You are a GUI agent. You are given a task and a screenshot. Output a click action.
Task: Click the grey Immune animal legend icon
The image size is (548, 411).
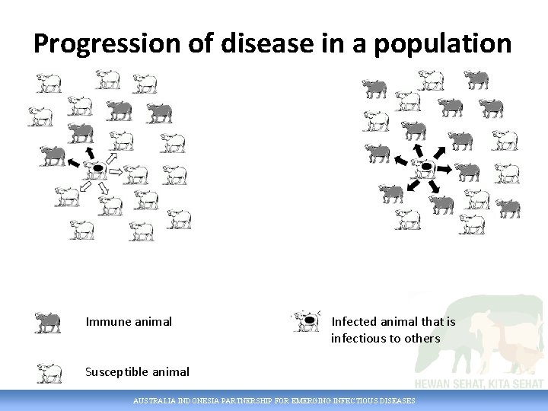[x=48, y=322]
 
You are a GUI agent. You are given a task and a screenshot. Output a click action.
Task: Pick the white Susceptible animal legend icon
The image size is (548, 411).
[x=49, y=373]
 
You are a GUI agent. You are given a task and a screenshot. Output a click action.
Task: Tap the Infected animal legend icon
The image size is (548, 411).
[x=308, y=321]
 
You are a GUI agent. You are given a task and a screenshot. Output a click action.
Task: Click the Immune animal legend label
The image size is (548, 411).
[x=129, y=321]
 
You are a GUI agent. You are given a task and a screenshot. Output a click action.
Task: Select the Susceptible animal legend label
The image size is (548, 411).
[x=137, y=371]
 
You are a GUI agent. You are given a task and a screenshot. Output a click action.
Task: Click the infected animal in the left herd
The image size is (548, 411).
[x=96, y=168]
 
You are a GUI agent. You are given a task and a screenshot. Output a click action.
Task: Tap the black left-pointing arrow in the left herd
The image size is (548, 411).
[x=73, y=163]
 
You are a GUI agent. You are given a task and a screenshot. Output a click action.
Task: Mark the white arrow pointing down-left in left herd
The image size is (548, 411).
[x=85, y=186]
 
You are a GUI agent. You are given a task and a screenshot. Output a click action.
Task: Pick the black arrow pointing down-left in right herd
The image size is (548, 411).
[x=412, y=184]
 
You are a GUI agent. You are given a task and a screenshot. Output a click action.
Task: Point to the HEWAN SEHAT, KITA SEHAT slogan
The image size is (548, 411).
[x=479, y=383]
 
